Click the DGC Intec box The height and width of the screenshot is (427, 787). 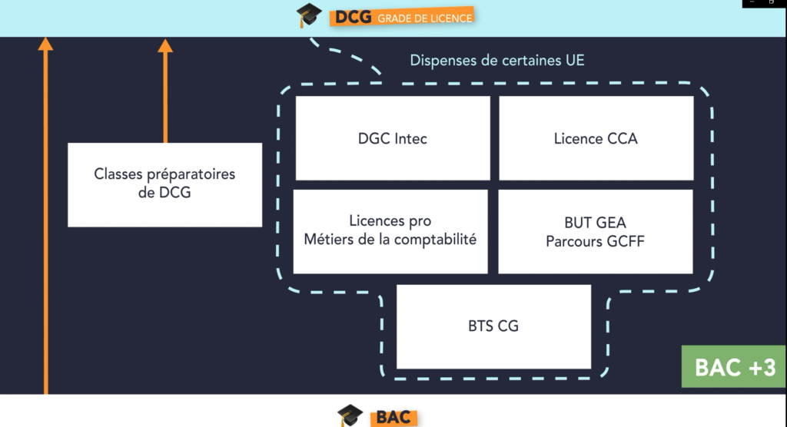click(393, 138)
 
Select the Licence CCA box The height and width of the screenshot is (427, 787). click(596, 138)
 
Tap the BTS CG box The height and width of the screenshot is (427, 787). click(493, 326)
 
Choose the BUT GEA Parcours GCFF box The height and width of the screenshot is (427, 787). click(596, 232)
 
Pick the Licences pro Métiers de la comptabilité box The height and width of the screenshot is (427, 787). click(390, 232)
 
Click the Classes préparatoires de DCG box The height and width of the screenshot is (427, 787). click(164, 184)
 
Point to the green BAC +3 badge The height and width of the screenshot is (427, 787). click(734, 366)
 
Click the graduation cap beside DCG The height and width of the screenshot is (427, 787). click(309, 15)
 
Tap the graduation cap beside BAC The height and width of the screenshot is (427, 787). click(350, 415)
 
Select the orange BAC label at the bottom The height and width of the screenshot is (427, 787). click(394, 418)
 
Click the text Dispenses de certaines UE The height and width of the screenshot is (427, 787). click(497, 60)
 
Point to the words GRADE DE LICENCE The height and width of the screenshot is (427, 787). click(424, 18)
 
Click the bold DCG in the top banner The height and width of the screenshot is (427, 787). click(354, 18)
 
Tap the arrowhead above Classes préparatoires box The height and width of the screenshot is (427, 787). click(165, 45)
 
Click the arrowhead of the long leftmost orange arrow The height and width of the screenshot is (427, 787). click(45, 44)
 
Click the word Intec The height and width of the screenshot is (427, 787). click(410, 138)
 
